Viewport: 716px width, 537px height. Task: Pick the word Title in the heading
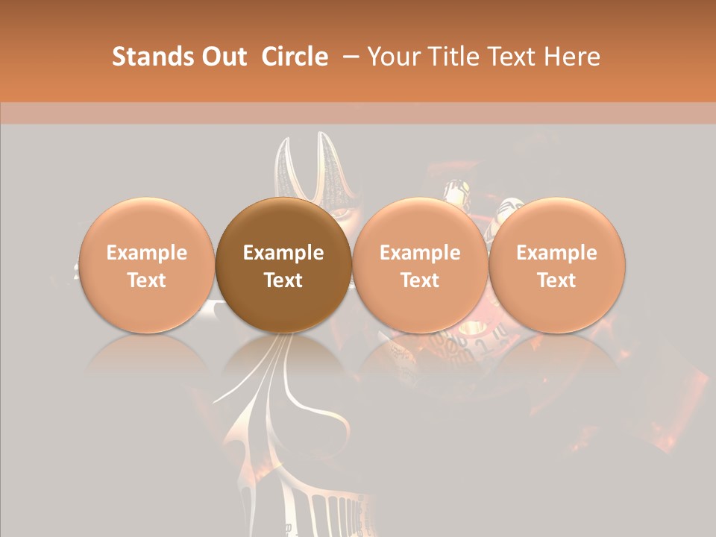pos(457,57)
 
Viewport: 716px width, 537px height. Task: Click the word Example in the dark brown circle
pos(283,253)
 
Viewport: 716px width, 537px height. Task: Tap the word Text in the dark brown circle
pos(283,280)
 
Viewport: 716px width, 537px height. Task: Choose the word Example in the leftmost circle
pos(146,253)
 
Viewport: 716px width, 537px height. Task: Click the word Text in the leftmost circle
pos(146,280)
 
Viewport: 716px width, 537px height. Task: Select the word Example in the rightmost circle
pos(556,253)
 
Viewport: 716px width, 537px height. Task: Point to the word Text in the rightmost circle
pos(556,280)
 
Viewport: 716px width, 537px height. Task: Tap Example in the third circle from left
pos(420,253)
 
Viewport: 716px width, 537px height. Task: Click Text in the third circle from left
pos(420,280)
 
